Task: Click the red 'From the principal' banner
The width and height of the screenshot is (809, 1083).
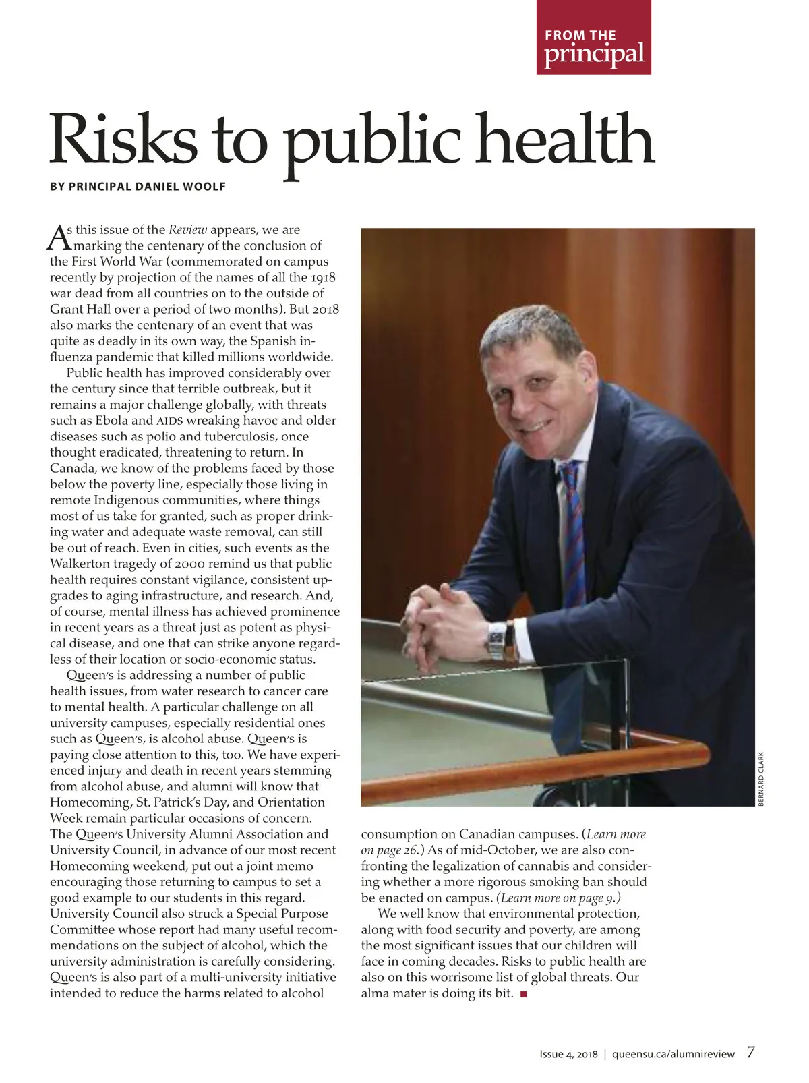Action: point(593,38)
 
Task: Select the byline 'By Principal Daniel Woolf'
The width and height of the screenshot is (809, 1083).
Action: point(138,186)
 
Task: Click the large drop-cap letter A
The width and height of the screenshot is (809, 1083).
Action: point(59,237)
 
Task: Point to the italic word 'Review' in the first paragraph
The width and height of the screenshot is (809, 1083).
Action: point(187,230)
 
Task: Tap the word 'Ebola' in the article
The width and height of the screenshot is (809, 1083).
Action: point(111,421)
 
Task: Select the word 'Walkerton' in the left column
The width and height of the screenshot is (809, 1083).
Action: point(81,564)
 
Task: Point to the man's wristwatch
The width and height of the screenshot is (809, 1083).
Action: point(497,641)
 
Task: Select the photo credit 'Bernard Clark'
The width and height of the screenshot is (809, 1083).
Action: point(761,779)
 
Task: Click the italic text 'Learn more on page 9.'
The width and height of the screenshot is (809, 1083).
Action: point(559,898)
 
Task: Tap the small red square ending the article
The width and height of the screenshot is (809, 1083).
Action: point(523,994)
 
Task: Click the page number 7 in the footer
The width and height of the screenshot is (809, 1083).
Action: point(750,1053)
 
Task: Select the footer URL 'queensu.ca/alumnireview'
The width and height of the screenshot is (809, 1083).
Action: point(673,1055)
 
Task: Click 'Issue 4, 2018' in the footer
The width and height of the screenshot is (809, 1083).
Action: point(568,1055)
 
